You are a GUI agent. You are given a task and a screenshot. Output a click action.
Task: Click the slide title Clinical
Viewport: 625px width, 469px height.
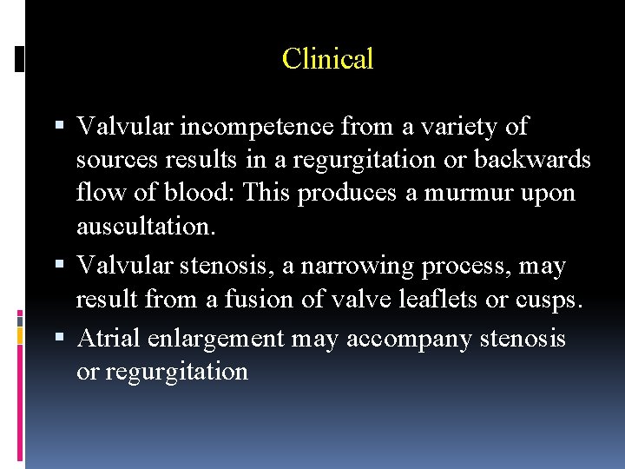click(327, 59)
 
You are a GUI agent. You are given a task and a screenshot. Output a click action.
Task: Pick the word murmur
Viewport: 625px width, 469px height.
click(466, 193)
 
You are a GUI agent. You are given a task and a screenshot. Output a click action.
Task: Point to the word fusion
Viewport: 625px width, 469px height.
click(260, 300)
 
